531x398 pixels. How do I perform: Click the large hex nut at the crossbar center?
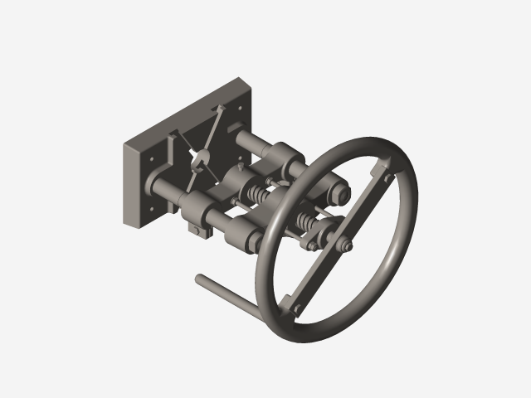(x=343, y=245)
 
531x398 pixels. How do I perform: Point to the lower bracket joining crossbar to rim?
(x=296, y=308)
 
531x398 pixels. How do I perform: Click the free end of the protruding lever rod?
(x=199, y=278)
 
